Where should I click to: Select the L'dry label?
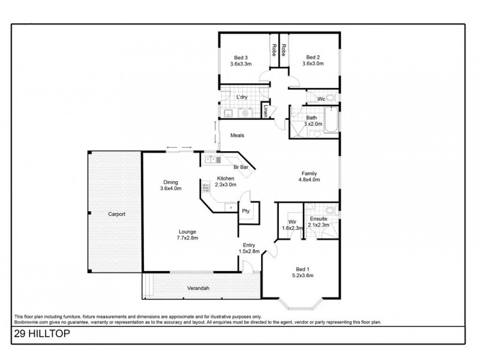click(x=242, y=97)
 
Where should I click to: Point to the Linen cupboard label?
click(x=265, y=110)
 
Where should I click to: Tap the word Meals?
click(x=237, y=136)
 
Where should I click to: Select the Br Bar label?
click(x=241, y=167)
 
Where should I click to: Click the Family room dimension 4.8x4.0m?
click(x=309, y=179)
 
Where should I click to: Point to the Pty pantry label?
click(x=245, y=211)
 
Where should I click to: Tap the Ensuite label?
click(x=318, y=219)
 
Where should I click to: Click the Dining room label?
click(x=170, y=182)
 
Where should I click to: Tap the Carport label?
click(x=116, y=214)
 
